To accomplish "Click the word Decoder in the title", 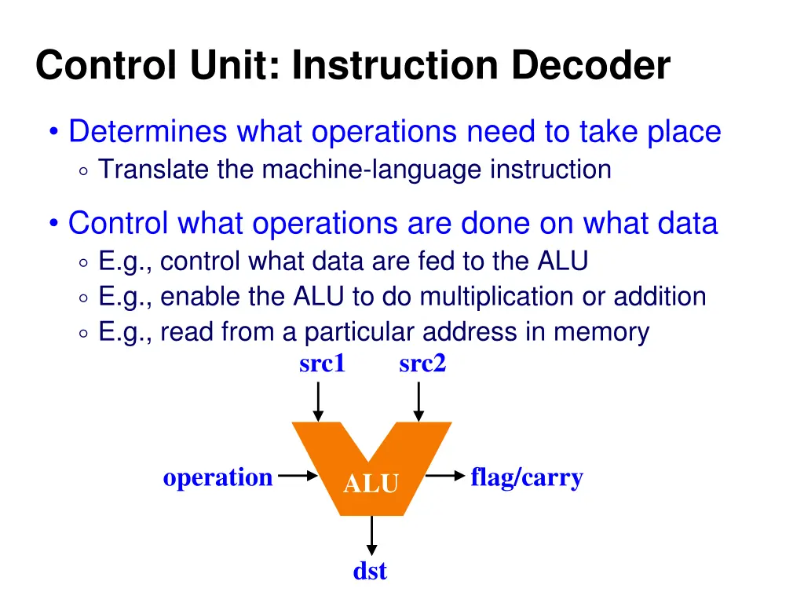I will tap(591, 66).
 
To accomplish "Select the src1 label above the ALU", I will tap(322, 364).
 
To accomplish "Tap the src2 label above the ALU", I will tap(422, 364).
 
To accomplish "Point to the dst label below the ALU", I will tap(370, 571).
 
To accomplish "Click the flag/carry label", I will tap(527, 477).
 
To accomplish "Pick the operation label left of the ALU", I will tap(217, 477).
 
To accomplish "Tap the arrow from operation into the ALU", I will tap(296, 476).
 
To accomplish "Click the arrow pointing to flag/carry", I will tap(445, 476).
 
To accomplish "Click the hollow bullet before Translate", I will tap(84, 170).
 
